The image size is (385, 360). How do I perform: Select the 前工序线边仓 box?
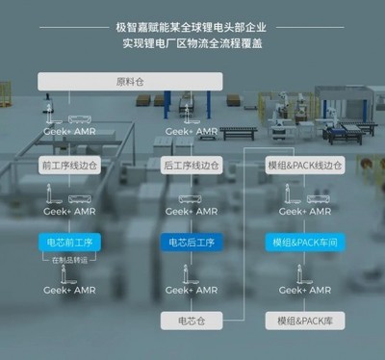pyautogui.click(x=69, y=165)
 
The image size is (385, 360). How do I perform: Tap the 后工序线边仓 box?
pyautogui.click(x=192, y=165)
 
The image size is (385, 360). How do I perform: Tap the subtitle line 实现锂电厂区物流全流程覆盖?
pyautogui.click(x=192, y=44)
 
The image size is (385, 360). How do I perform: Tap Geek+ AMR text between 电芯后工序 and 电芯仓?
pyautogui.click(x=192, y=289)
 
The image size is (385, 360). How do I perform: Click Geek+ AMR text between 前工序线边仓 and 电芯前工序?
pyautogui.click(x=69, y=211)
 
